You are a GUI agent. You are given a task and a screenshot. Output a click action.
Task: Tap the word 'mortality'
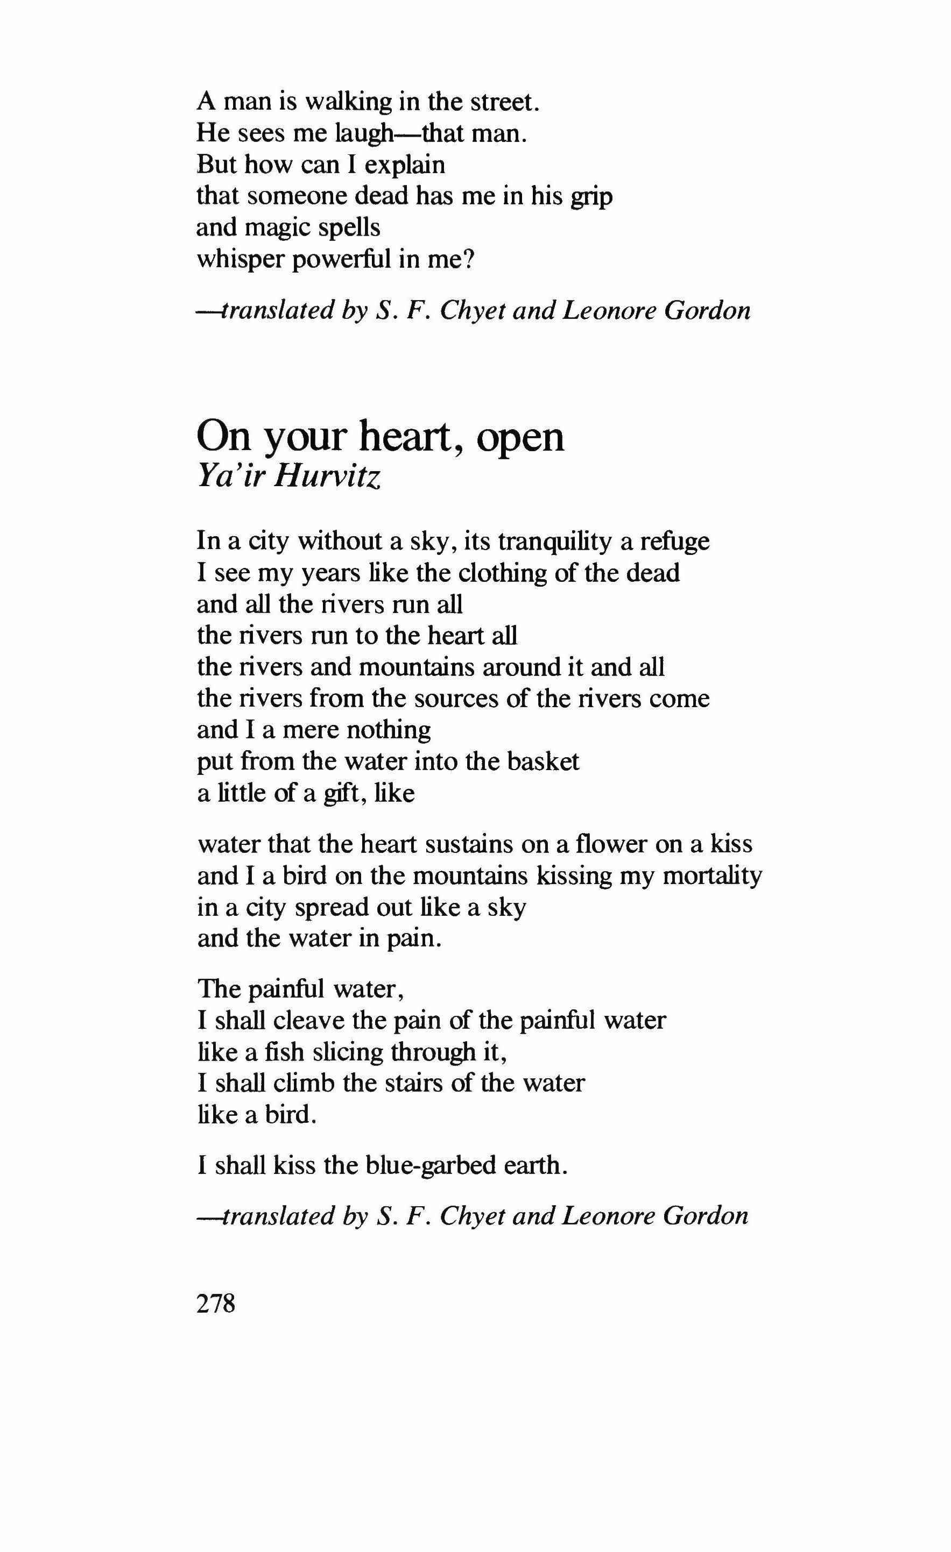tap(712, 875)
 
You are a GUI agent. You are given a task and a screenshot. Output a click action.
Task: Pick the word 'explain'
tap(405, 165)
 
